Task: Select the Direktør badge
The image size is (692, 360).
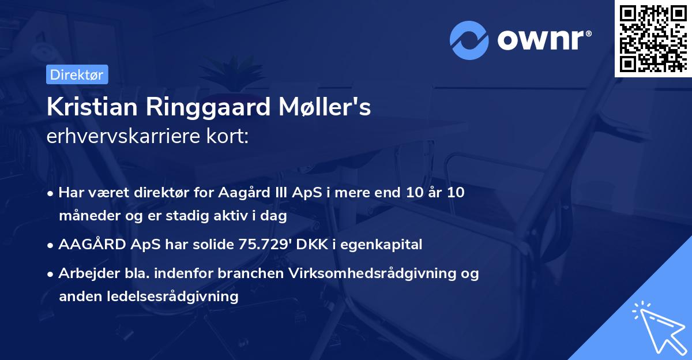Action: [77, 74]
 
